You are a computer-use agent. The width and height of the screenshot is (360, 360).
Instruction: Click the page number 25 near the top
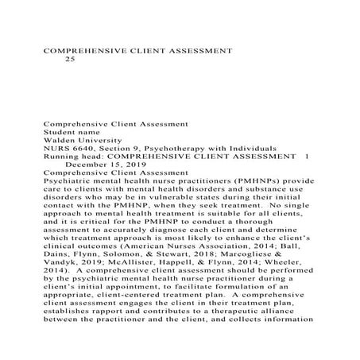click(x=69, y=60)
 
